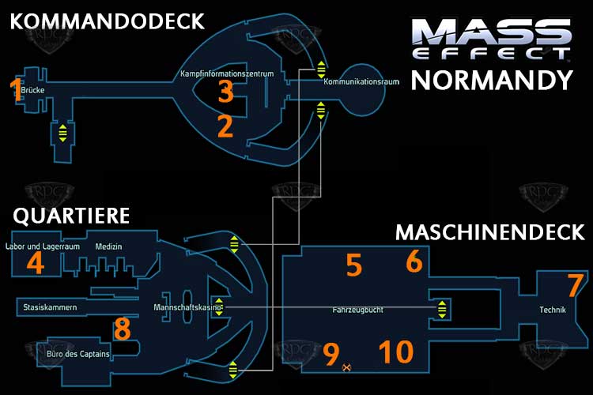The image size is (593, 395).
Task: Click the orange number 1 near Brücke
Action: click(16, 89)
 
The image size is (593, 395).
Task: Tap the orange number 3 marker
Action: click(225, 92)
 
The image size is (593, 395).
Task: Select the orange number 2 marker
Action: click(225, 125)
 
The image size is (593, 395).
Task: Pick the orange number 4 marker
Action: click(35, 263)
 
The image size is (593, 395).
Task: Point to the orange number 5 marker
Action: click(353, 265)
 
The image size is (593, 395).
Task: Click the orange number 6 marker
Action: click(414, 261)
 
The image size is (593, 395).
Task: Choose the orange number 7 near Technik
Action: click(575, 284)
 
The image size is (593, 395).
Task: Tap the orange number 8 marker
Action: click(122, 328)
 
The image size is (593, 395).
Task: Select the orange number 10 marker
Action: click(395, 352)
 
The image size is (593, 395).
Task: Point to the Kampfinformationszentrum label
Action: click(227, 74)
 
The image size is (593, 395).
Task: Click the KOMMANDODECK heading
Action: click(107, 22)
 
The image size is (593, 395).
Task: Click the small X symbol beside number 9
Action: click(346, 367)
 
